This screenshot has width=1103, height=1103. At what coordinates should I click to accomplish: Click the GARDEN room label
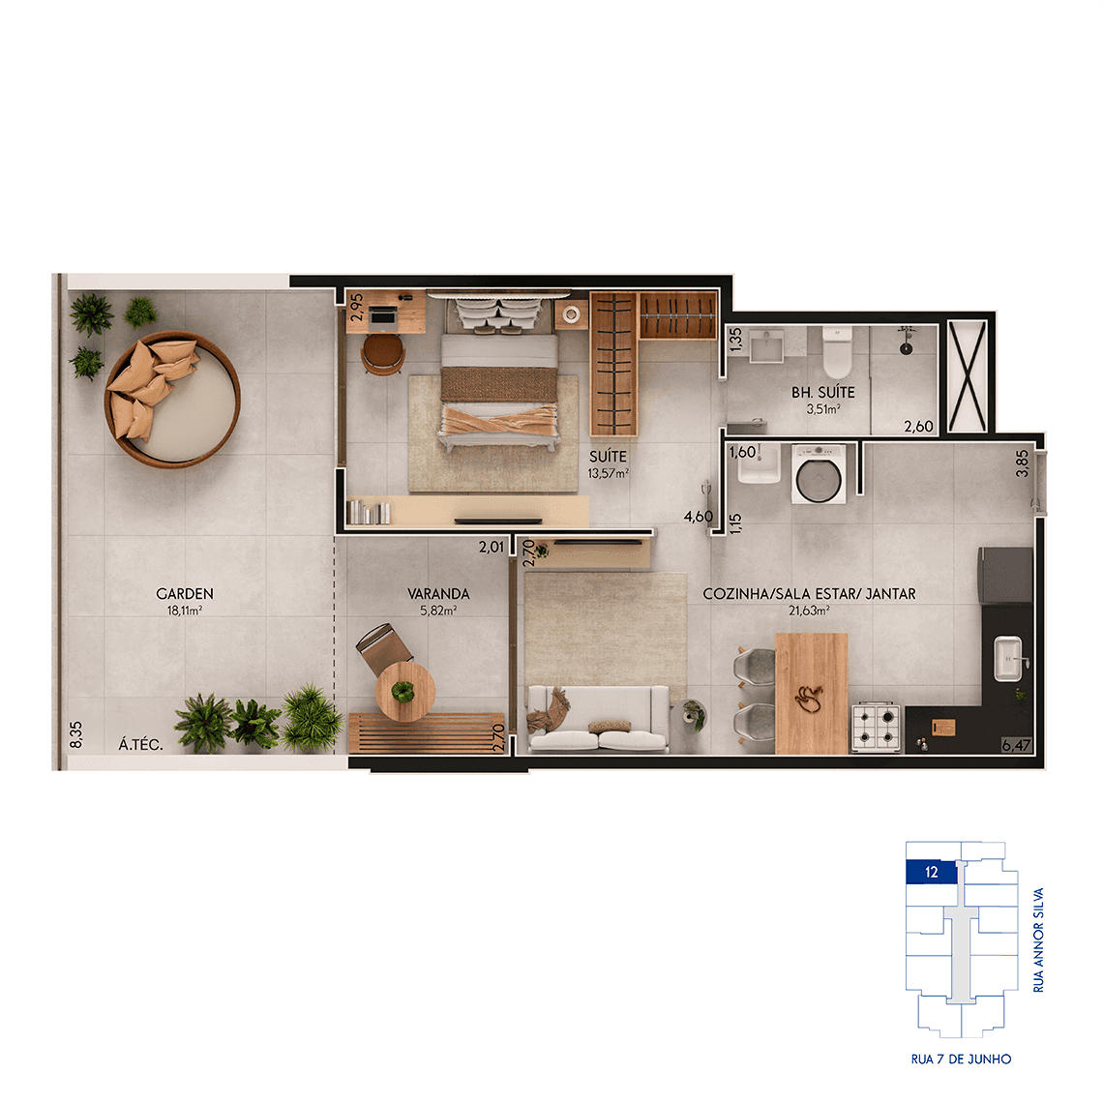(x=184, y=594)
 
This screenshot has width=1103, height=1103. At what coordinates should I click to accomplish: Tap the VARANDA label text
(x=438, y=594)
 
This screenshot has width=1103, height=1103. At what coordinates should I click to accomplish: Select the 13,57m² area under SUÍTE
(x=609, y=473)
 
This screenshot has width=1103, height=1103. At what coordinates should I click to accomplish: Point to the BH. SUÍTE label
(x=823, y=393)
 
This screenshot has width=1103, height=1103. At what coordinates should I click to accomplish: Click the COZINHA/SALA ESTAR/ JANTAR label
(x=809, y=594)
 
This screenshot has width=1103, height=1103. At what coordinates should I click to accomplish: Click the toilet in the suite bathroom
(x=837, y=352)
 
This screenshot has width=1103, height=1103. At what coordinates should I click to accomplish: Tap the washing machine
(x=819, y=474)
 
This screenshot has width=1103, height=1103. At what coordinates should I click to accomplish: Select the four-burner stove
(x=876, y=727)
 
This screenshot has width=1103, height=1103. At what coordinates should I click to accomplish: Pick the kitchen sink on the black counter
(x=1007, y=659)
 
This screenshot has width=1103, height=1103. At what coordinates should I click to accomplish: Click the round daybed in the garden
(x=172, y=399)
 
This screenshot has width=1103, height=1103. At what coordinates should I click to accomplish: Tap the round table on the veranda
(x=405, y=692)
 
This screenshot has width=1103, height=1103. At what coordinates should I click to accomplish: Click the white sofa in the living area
(x=598, y=719)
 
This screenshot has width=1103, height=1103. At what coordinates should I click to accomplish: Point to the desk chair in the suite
(x=383, y=353)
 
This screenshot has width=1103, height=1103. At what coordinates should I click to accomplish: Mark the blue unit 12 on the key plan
(x=932, y=873)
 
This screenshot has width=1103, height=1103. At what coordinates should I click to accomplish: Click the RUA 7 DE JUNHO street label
(x=961, y=1058)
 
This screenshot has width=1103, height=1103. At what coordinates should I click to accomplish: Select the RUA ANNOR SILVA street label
(x=1038, y=939)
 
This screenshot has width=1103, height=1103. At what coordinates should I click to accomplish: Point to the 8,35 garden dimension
(x=76, y=734)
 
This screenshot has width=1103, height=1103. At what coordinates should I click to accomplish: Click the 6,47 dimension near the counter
(x=1017, y=745)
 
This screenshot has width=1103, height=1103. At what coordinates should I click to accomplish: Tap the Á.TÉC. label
(x=140, y=744)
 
